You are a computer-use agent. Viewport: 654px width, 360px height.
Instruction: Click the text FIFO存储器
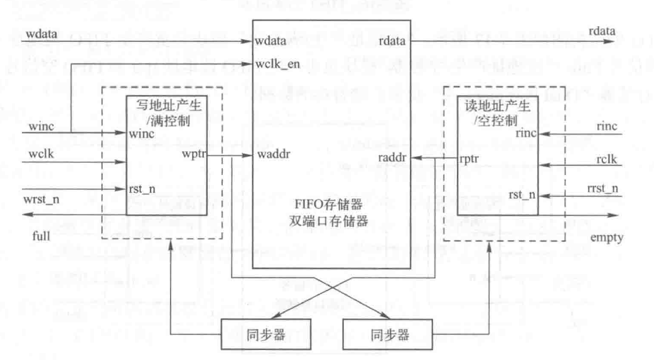(326, 204)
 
